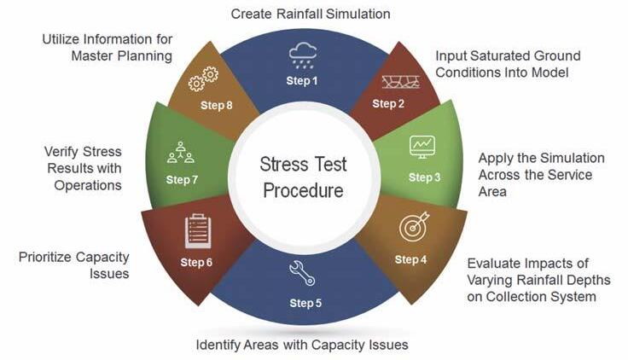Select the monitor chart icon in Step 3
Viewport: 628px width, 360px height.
point(422,146)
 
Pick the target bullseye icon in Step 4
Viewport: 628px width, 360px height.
point(412,229)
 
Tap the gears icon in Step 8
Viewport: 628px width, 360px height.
point(204,80)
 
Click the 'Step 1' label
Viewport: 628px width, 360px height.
point(301,82)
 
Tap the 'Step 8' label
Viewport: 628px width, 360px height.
point(217,106)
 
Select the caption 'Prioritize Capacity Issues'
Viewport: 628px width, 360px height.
point(73,264)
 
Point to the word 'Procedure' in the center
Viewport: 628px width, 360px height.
point(303,190)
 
